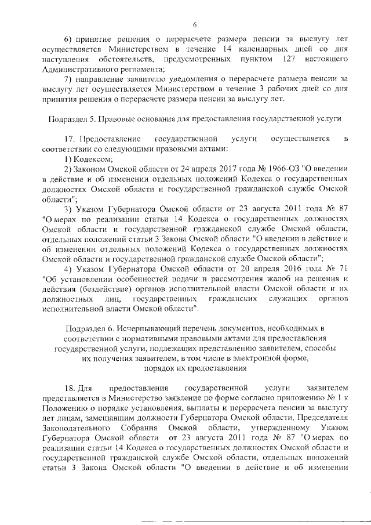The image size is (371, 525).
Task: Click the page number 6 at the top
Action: point(195,24)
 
